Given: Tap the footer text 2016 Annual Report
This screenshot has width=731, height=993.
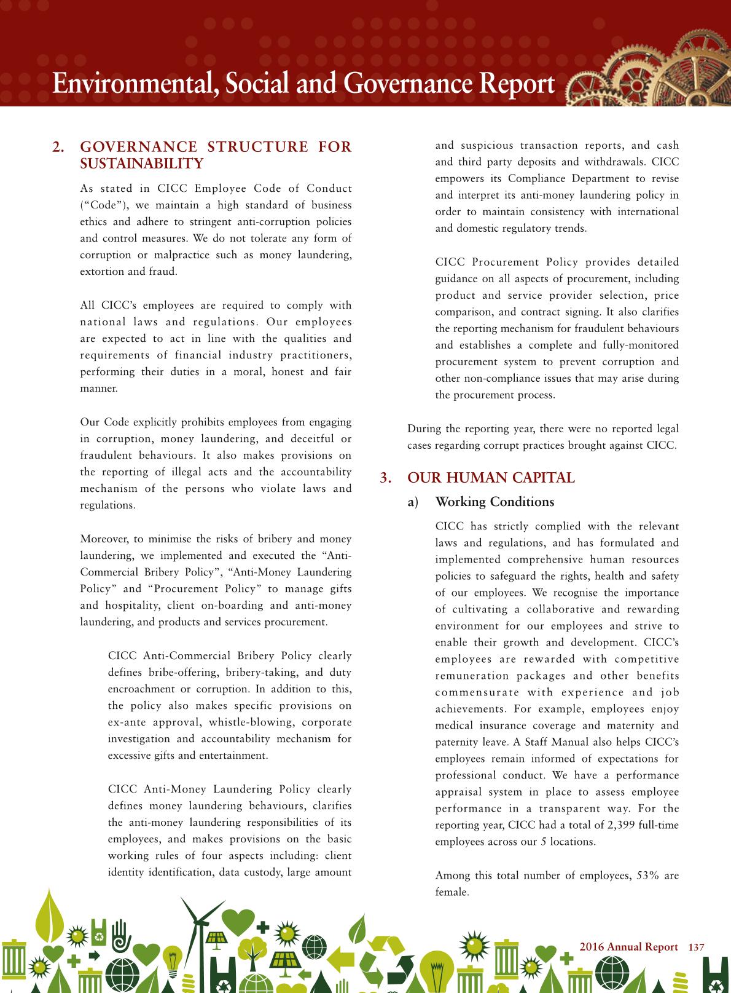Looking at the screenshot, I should pos(628,947).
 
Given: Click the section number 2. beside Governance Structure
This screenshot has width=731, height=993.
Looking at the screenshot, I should pos(59,147).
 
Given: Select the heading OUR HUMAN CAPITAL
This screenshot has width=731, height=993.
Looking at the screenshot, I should pos(491,478).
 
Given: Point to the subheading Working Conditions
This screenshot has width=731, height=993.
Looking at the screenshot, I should pos(495,502).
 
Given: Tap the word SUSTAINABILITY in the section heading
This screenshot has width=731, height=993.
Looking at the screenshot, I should pos(142,164).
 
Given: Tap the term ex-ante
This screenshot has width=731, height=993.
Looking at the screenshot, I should pos(126,722).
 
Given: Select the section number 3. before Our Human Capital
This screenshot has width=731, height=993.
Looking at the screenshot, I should pos(386,478).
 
